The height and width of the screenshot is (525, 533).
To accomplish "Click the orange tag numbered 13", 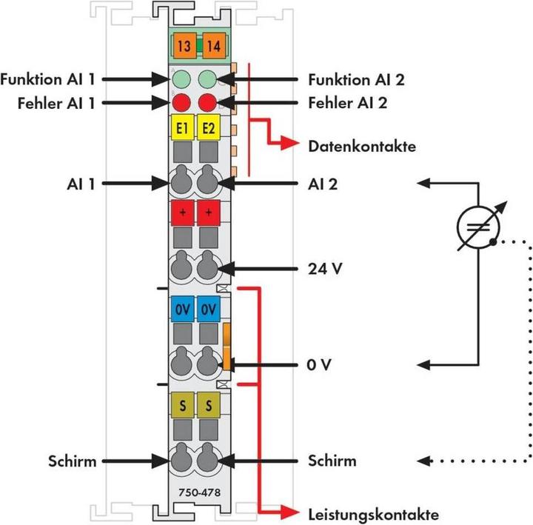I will [184, 46].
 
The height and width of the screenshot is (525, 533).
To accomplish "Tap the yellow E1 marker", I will [184, 127].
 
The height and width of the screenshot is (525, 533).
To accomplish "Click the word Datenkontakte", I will [362, 146].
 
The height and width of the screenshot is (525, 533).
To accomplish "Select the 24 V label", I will [325, 268].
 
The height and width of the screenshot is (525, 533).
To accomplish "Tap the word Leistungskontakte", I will [373, 513].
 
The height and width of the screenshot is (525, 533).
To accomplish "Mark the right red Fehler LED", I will [208, 102].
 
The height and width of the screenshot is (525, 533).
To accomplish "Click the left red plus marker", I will [184, 213].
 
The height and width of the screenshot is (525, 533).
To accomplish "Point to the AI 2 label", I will [323, 183].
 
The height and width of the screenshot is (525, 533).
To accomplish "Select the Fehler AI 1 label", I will [56, 103].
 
